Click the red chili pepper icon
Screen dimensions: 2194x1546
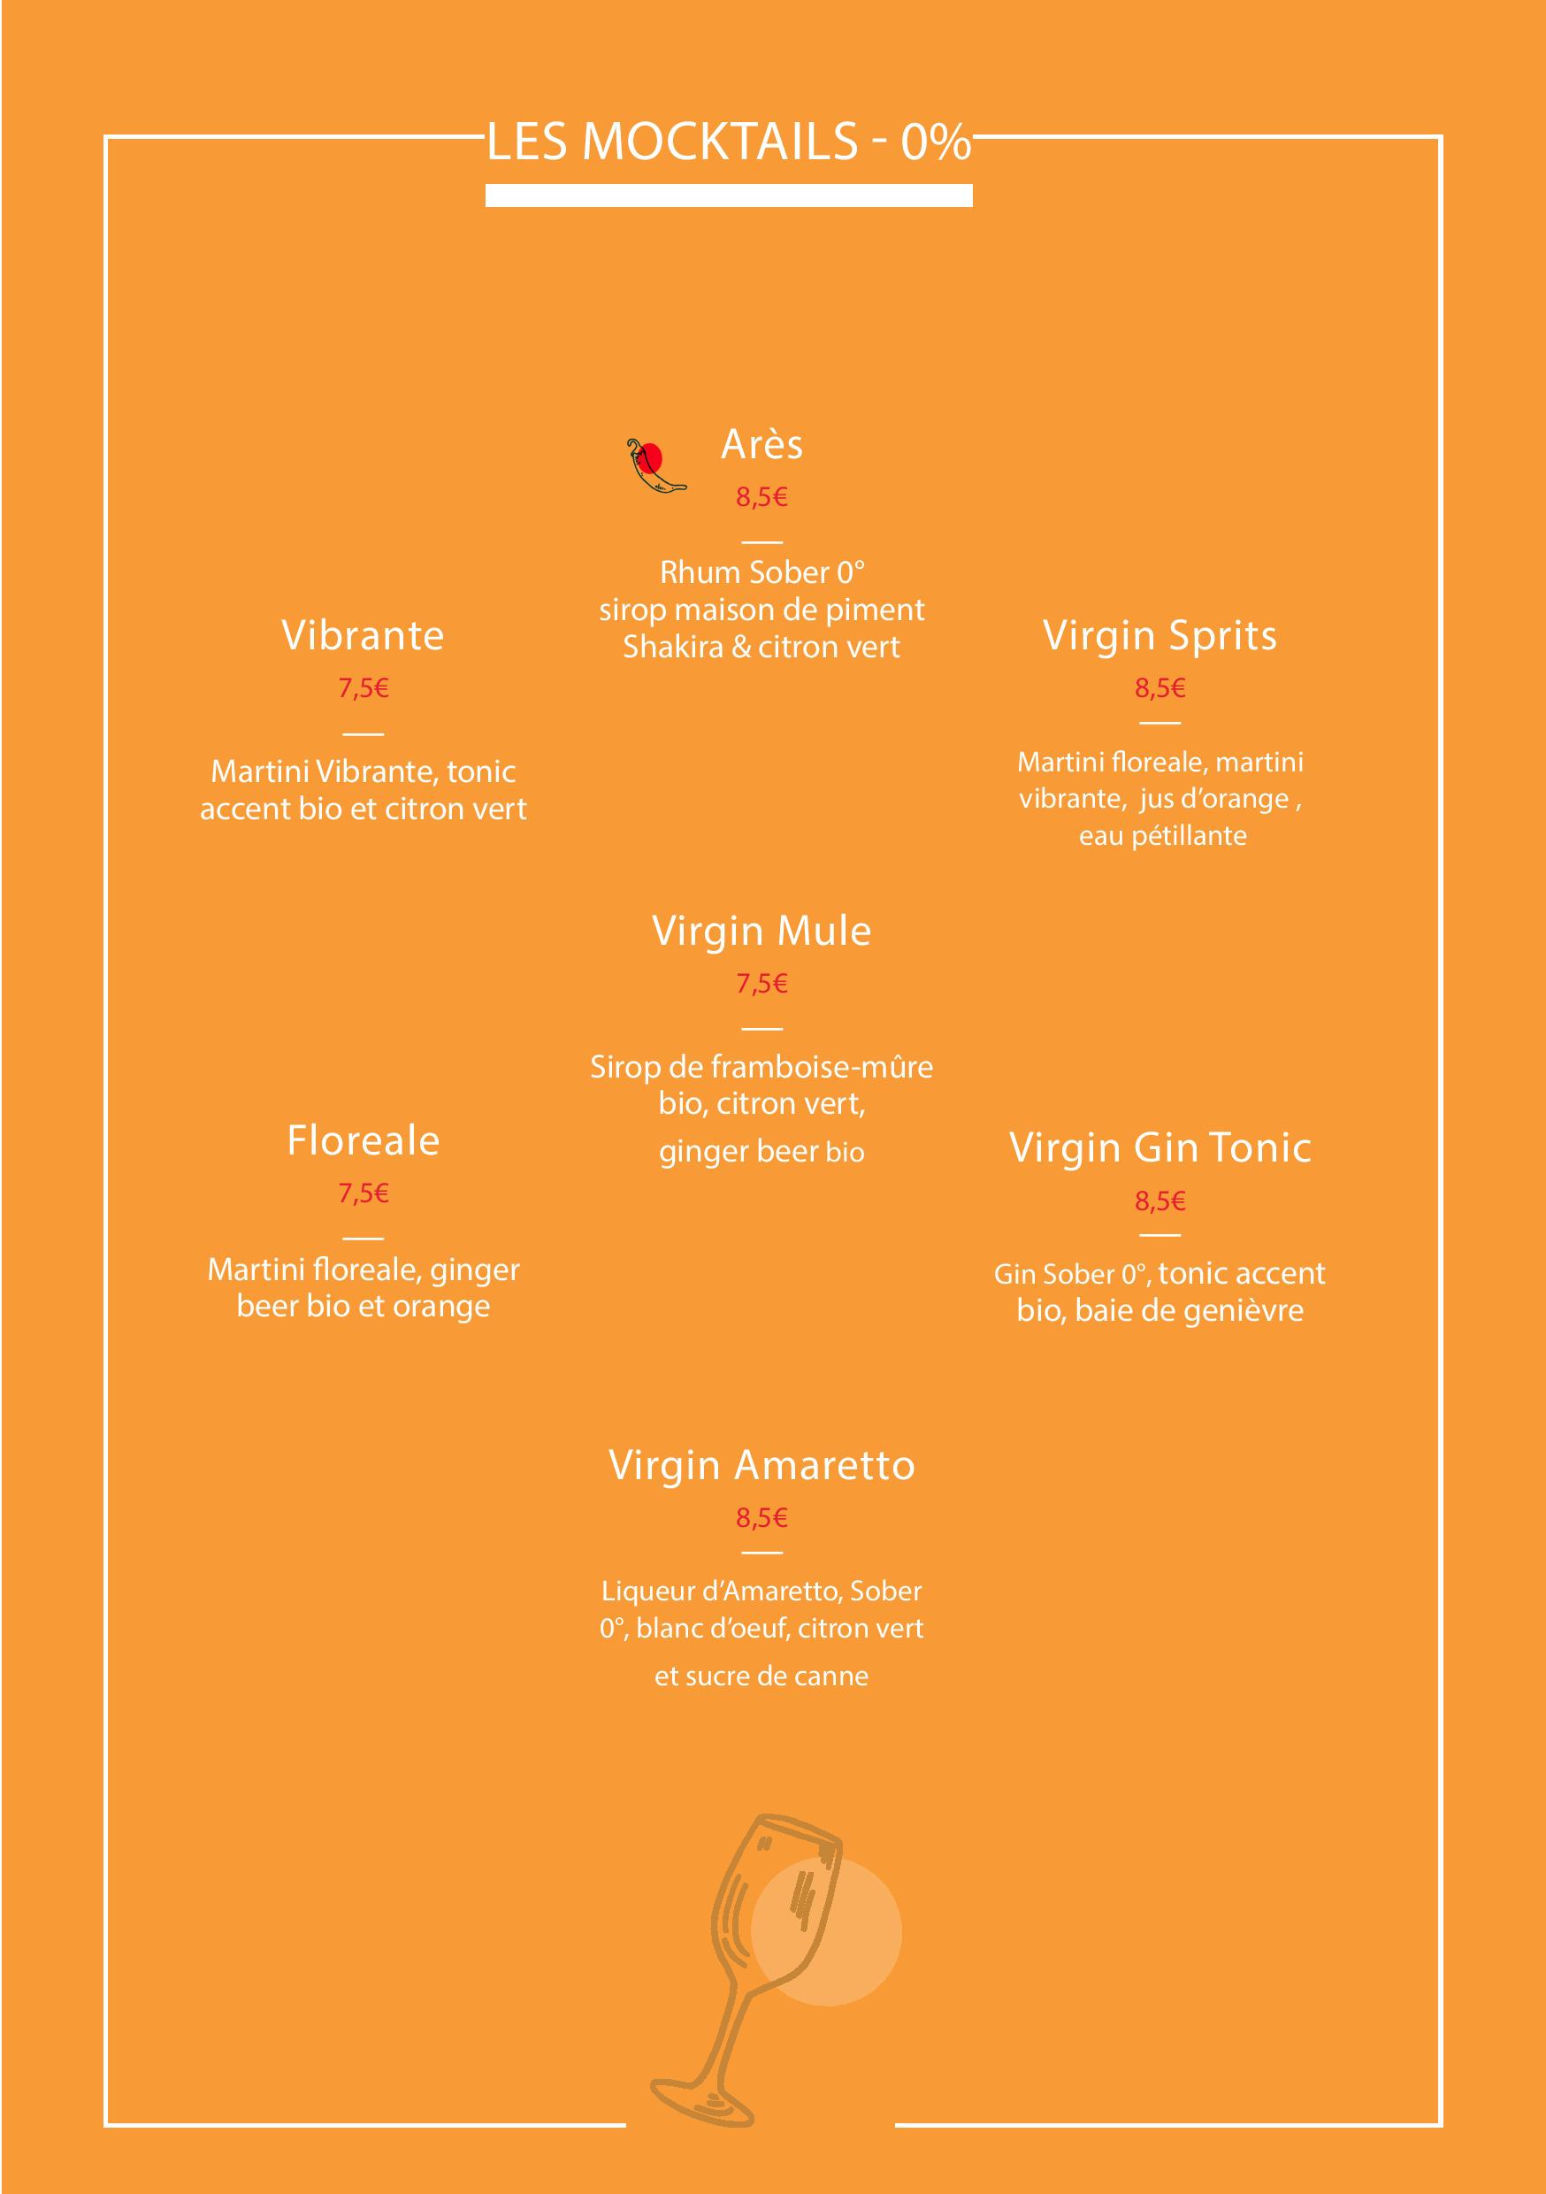[655, 467]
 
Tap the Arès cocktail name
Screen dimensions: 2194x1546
[762, 444]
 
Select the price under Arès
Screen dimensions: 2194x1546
[762, 497]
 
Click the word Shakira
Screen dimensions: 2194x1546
[674, 647]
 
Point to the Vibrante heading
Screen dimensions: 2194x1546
[364, 635]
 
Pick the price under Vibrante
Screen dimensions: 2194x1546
[364, 688]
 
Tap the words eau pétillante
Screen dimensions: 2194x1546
[1162, 836]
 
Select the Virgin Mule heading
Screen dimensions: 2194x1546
[762, 931]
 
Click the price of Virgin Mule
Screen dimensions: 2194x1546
[762, 983]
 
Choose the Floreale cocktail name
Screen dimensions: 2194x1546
[364, 1140]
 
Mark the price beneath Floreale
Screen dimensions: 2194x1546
[364, 1193]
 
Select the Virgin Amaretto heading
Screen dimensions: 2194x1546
[762, 1465]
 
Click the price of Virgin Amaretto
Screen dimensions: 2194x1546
[762, 1517]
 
